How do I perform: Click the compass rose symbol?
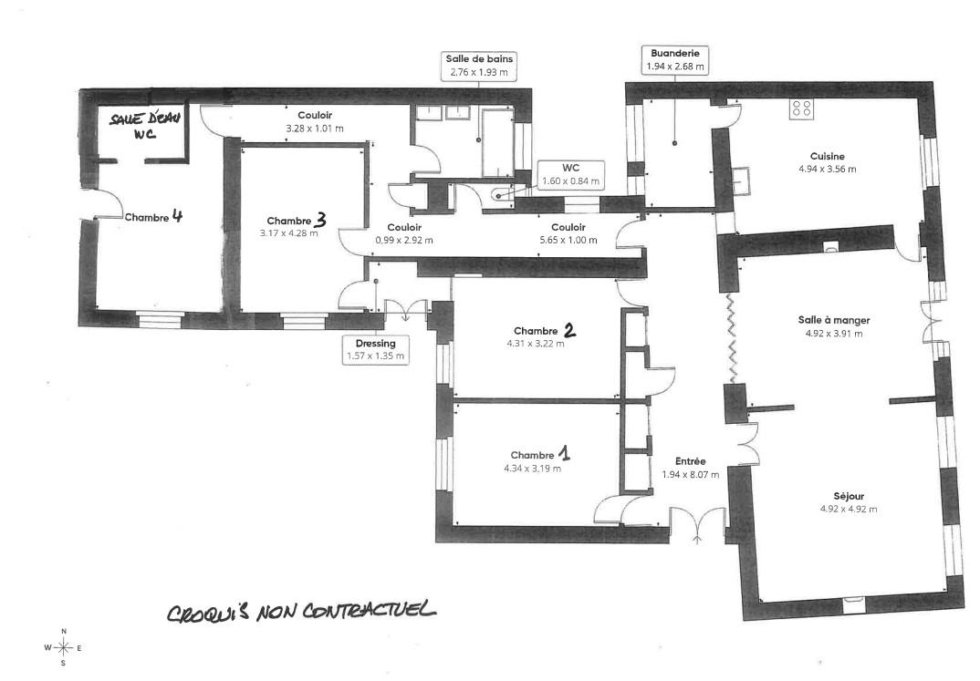tap(63, 647)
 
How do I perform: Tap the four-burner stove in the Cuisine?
tap(802, 110)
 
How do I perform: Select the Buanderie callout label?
tap(675, 59)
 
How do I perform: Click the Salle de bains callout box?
tap(479, 66)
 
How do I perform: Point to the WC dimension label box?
tap(570, 174)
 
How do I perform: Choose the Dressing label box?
tap(376, 349)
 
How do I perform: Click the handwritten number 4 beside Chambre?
tap(177, 216)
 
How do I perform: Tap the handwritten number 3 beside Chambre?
tap(320, 219)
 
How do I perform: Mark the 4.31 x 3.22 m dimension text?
tap(536, 344)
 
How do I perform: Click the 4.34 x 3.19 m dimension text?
tap(533, 469)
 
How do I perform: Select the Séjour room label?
tap(848, 496)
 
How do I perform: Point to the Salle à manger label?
tap(834, 320)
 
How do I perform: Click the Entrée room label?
tap(691, 461)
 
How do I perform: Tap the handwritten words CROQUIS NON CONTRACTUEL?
tap(301, 611)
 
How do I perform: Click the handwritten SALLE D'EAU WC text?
tap(144, 125)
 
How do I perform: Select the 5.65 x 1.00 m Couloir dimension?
tap(568, 240)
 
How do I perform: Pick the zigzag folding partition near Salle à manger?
tap(730, 338)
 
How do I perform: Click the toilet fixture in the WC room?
tap(500, 194)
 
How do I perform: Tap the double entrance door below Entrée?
tap(698, 524)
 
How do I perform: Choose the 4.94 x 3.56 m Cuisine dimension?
tap(828, 169)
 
